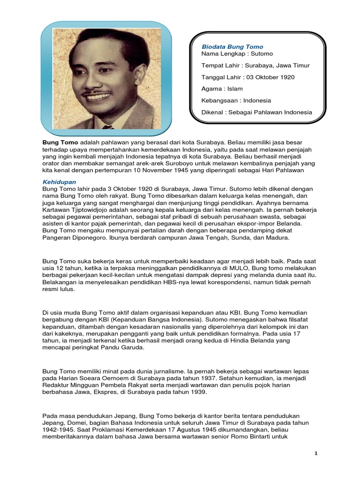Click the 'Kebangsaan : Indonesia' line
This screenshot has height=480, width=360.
[236, 100]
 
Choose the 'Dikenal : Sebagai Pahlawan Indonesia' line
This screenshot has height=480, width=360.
[256, 112]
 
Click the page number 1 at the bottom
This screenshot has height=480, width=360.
[316, 454]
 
